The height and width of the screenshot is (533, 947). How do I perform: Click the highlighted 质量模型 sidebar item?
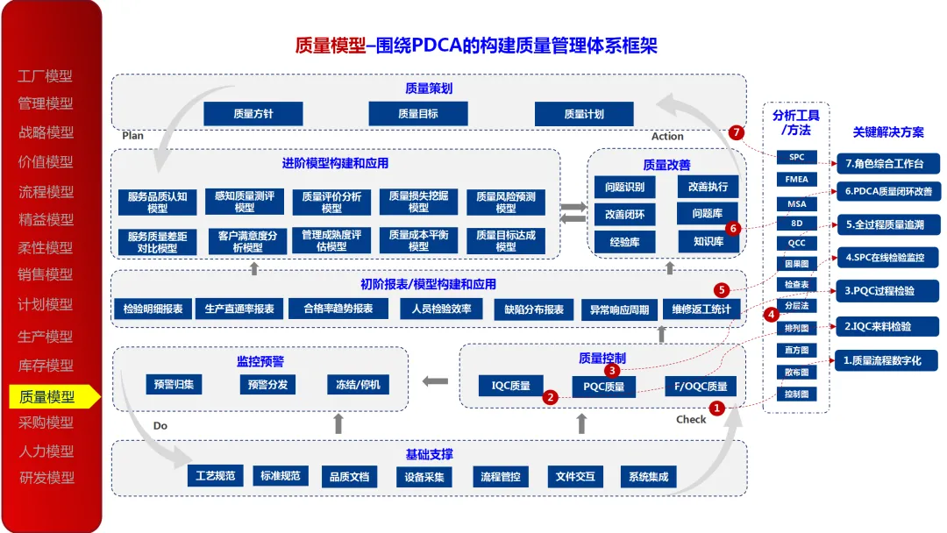(x=48, y=396)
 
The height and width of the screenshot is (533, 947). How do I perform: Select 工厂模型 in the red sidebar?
(x=46, y=76)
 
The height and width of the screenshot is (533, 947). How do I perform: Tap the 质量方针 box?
(x=253, y=114)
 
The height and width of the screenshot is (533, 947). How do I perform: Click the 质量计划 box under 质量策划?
(x=584, y=114)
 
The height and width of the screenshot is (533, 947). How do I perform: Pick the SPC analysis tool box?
(x=796, y=158)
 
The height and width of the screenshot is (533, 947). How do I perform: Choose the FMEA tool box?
(x=796, y=180)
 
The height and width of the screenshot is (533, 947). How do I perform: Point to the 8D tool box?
(x=796, y=223)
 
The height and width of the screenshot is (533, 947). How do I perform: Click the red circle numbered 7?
(x=736, y=132)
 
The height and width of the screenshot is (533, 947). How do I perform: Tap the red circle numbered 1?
(x=716, y=408)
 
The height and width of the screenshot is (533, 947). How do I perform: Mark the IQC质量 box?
(x=511, y=385)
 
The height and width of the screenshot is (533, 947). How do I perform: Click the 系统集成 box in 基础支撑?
(x=649, y=477)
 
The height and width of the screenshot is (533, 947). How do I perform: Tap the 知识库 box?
(x=708, y=241)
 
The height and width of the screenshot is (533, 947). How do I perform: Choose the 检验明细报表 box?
(x=153, y=309)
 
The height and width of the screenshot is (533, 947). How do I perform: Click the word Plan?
(x=132, y=136)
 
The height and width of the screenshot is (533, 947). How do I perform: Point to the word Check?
(x=691, y=420)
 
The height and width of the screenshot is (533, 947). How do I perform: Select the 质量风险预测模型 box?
(x=506, y=203)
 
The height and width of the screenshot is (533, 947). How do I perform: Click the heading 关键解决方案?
(x=887, y=132)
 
